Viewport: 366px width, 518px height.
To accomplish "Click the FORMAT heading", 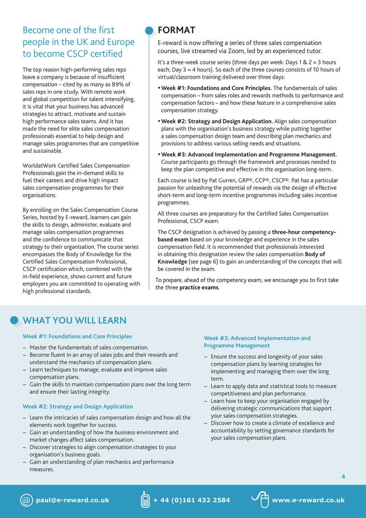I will [176, 30].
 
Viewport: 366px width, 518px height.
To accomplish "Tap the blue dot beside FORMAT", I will [149, 30].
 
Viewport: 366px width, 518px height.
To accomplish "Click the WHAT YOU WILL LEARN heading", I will [74, 321].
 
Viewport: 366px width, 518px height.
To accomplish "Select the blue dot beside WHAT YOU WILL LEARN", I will [14, 320].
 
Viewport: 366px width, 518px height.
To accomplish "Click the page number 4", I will [343, 477].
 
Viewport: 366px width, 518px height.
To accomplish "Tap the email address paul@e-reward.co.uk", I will [73, 500].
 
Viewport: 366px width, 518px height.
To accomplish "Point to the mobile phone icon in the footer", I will [145, 500].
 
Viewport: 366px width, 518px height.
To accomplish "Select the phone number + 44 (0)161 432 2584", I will [191, 500].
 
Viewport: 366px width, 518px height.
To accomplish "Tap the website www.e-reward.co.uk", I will [308, 500].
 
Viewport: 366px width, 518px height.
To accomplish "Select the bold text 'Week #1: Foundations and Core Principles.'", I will [217, 88].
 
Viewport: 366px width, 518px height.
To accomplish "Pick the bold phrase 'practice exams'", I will [198, 288].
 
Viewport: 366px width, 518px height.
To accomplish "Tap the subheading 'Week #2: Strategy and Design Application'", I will [78, 406].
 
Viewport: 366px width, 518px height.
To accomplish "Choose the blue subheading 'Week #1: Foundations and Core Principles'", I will [77, 336].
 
